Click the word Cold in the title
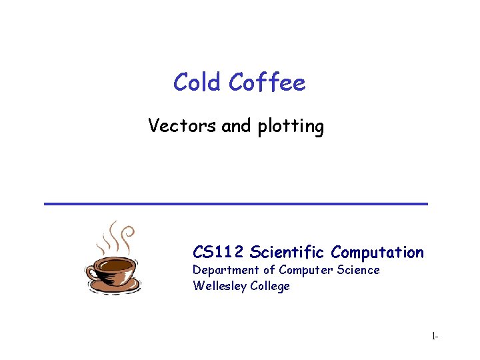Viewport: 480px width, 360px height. [x=197, y=83]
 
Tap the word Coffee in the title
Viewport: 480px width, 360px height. [x=267, y=83]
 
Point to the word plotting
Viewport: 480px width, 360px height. [x=290, y=127]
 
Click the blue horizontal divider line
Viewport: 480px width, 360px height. [x=235, y=203]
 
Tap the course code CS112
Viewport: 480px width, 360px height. [x=219, y=252]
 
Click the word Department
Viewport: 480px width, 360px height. [x=225, y=270]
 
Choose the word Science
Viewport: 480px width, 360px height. [x=357, y=270]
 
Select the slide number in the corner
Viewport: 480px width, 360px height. [x=434, y=337]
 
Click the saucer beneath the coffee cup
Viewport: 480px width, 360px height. [x=115, y=287]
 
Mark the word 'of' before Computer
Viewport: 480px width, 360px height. [x=269, y=270]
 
